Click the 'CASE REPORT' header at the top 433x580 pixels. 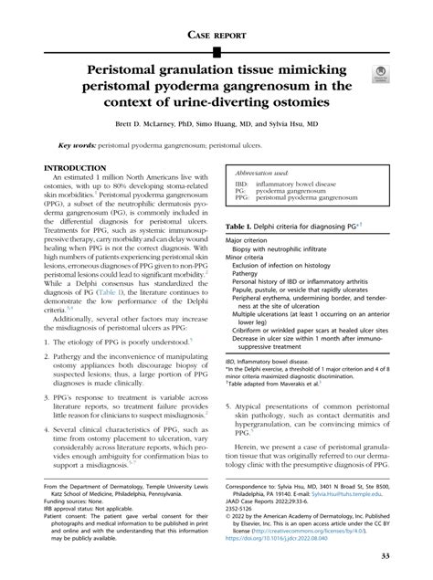[216, 36]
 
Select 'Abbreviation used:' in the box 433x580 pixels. [263, 172]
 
